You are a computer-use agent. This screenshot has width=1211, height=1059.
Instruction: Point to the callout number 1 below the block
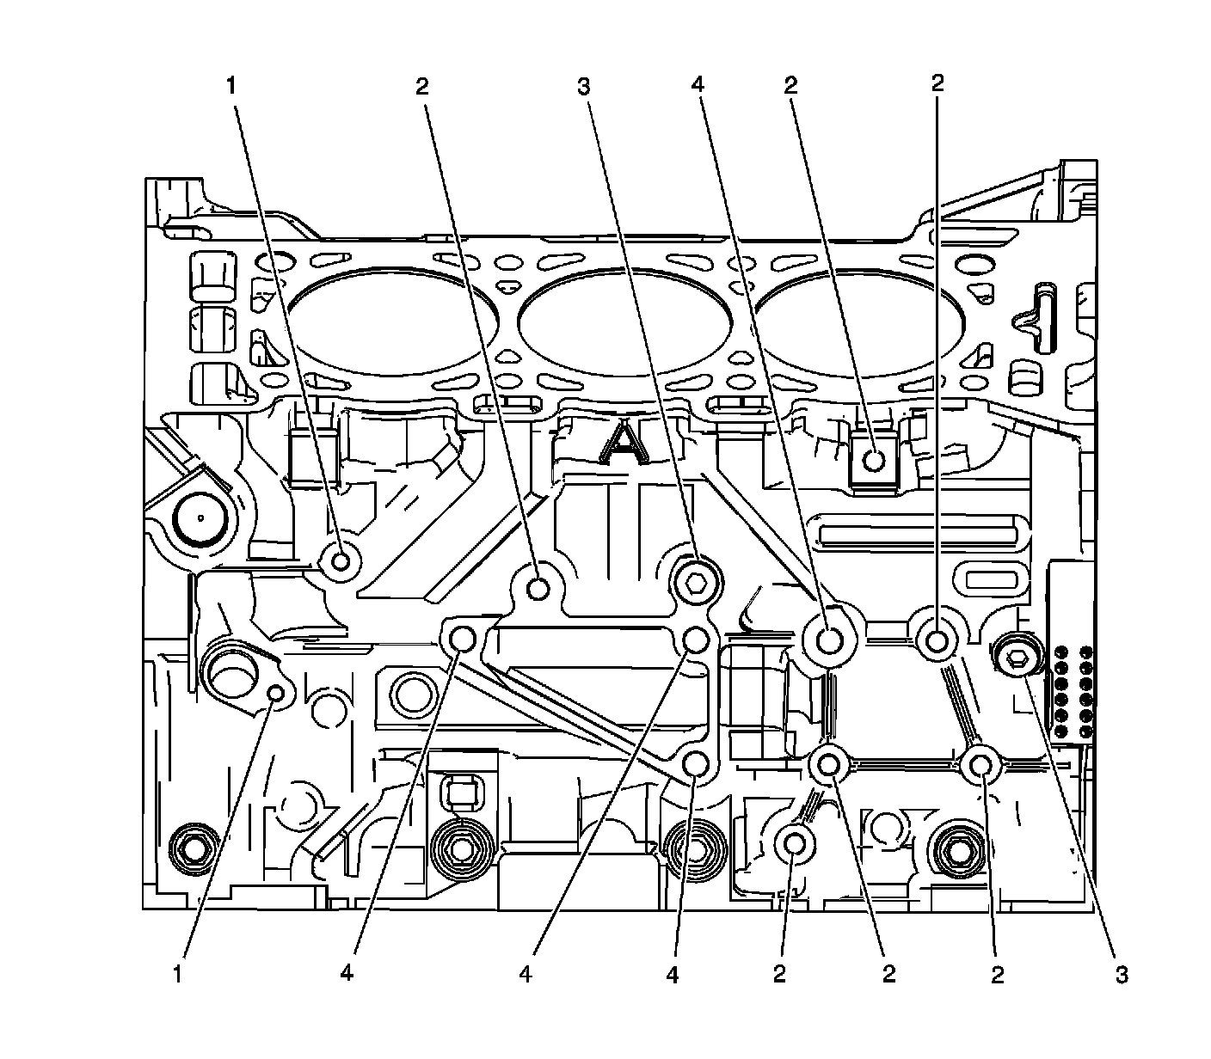click(177, 974)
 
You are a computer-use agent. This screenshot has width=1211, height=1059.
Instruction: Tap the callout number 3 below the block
click(1121, 974)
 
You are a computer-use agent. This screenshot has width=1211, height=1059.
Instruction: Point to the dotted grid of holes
click(1073, 691)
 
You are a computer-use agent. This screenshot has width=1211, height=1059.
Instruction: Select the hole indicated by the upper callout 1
click(341, 562)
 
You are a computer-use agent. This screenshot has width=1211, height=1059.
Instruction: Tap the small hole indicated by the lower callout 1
click(276, 694)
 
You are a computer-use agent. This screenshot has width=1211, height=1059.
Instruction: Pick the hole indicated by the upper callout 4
click(830, 640)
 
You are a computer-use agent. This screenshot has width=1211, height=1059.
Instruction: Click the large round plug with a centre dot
click(200, 518)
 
